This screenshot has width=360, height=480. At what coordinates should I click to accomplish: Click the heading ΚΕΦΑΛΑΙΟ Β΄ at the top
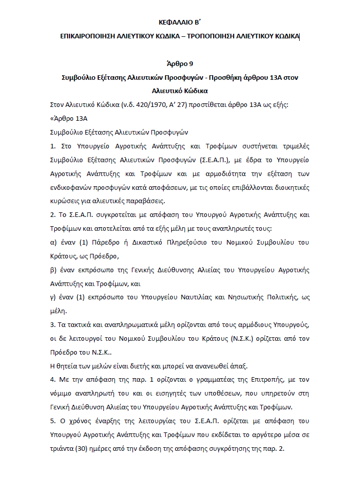(181, 22)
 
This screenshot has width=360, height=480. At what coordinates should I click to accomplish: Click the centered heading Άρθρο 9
(181, 64)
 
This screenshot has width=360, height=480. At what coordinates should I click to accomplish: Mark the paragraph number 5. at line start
(53, 421)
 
